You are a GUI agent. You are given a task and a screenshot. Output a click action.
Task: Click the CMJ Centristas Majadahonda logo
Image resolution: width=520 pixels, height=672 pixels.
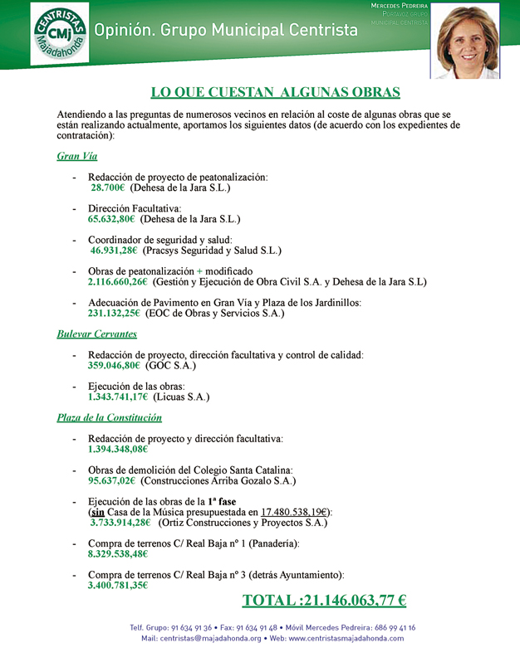(x=61, y=33)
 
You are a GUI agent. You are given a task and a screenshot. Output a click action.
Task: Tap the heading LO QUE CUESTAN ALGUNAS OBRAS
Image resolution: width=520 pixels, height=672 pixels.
(x=275, y=92)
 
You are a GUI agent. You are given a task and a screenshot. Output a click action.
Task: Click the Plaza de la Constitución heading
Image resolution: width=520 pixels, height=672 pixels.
(x=109, y=417)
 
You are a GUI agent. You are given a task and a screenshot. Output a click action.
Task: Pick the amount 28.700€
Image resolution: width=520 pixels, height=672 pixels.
(x=108, y=188)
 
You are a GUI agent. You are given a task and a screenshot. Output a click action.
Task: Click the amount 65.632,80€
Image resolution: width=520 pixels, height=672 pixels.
(x=111, y=220)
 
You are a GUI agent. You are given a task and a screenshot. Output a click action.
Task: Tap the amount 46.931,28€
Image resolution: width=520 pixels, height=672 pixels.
(x=115, y=251)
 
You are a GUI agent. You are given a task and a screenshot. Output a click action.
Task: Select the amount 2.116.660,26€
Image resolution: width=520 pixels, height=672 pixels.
(x=118, y=282)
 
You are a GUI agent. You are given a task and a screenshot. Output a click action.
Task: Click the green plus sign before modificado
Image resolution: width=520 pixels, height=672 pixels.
(x=199, y=271)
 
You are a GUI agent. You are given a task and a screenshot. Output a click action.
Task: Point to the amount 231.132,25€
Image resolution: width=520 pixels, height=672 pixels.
(x=115, y=314)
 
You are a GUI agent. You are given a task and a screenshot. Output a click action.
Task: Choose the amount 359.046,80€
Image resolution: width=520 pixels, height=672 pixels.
(x=115, y=365)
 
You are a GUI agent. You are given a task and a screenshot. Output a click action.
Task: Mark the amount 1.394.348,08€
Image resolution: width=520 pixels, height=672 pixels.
(x=118, y=449)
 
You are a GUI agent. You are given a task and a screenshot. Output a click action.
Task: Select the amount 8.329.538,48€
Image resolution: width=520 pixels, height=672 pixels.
(x=118, y=553)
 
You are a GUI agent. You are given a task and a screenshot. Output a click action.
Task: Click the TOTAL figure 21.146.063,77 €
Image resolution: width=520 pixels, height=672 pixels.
(x=324, y=601)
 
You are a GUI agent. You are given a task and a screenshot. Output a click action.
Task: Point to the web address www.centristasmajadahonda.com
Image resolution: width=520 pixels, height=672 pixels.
(x=346, y=638)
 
